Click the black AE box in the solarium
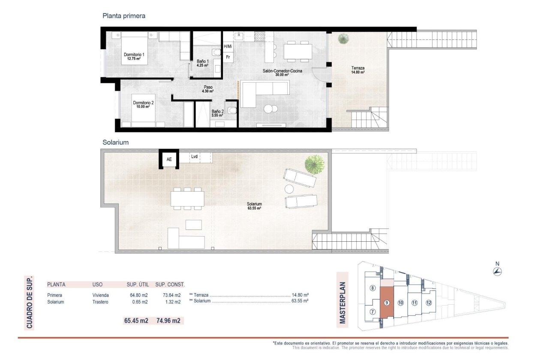click(x=169, y=159)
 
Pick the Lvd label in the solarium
click(x=194, y=157)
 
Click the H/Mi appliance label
click(x=228, y=46)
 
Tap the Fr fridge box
click(x=228, y=57)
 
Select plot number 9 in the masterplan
click(x=387, y=303)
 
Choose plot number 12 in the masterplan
click(x=429, y=303)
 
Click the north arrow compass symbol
click(x=497, y=271)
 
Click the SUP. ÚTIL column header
click(x=138, y=284)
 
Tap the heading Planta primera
click(x=124, y=16)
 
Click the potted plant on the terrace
click(x=343, y=39)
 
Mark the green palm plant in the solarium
click(x=314, y=164)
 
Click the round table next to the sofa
click(x=268, y=109)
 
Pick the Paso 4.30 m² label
click(x=208, y=89)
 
